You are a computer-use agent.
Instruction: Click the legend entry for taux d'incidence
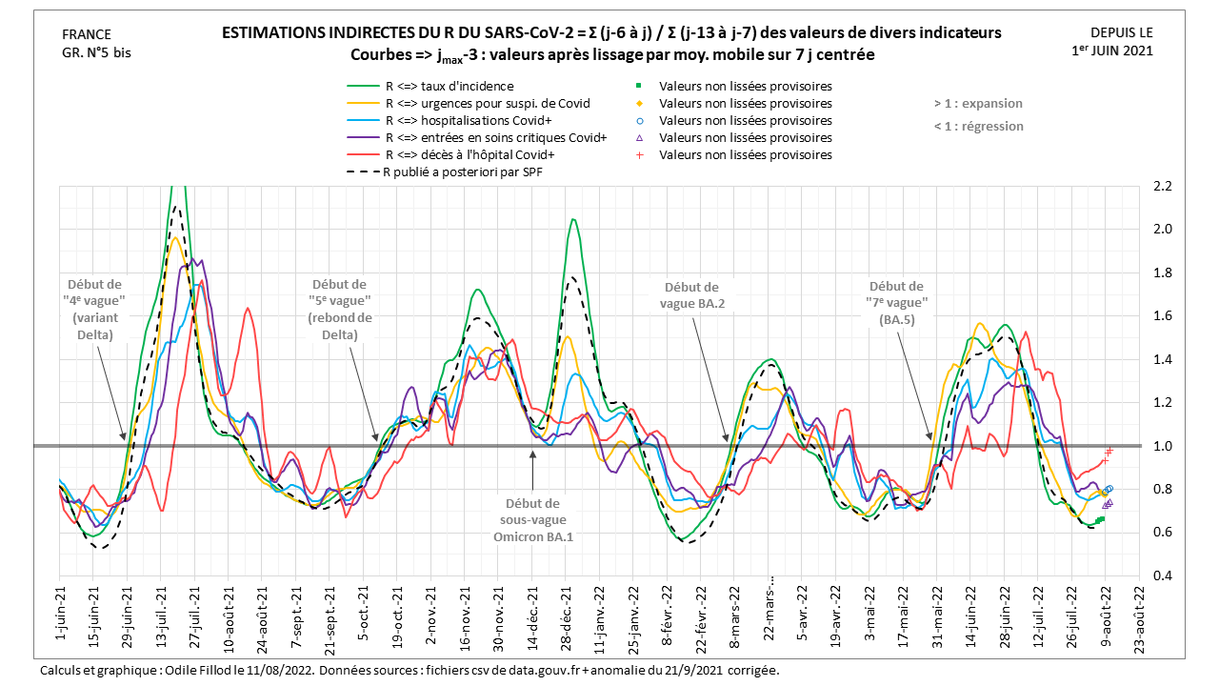[x=449, y=87]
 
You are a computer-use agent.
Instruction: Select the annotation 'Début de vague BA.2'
[x=691, y=294]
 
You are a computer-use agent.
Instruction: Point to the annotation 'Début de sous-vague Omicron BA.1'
[x=533, y=519]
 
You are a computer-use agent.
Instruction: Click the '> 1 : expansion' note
[x=978, y=104]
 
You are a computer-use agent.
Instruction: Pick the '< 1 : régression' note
[x=978, y=127]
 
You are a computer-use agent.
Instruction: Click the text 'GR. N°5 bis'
[x=96, y=52]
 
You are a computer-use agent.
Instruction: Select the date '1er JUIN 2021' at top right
[x=1111, y=50]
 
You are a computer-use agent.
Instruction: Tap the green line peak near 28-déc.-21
[x=573, y=220]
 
